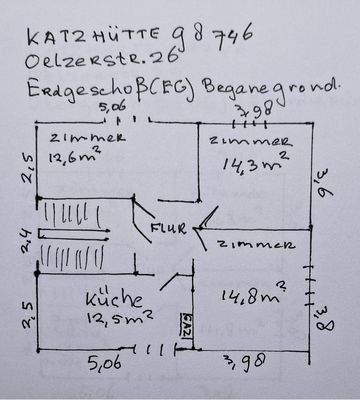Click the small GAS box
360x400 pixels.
click(x=187, y=325)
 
